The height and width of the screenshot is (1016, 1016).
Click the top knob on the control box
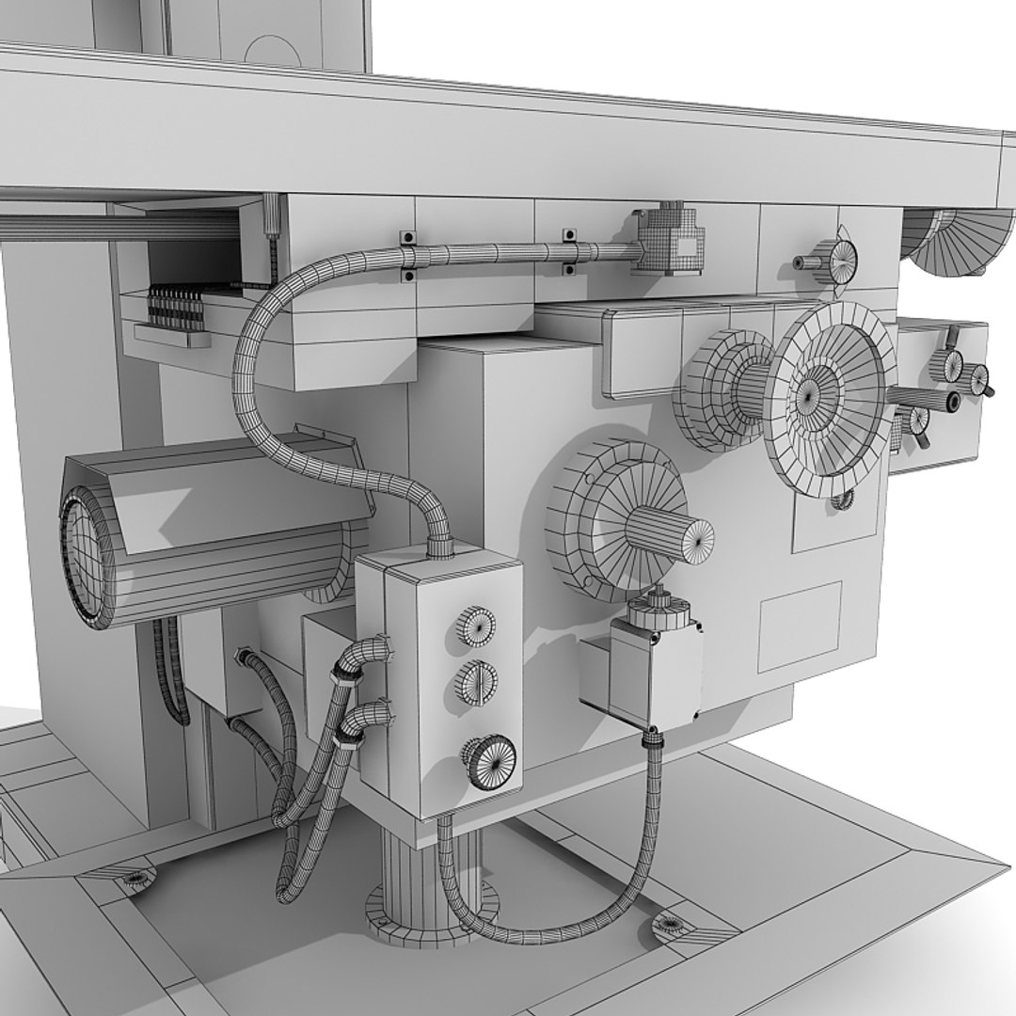tap(476, 626)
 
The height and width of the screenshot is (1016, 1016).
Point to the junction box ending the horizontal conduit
tap(670, 240)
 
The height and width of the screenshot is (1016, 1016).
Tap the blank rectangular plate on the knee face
tap(799, 627)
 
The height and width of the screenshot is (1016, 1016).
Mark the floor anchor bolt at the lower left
tap(136, 879)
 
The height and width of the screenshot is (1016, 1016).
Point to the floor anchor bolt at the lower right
tap(671, 923)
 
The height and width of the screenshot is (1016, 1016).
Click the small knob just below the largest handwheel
tap(842, 500)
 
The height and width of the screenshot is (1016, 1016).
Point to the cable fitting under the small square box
tap(652, 742)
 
